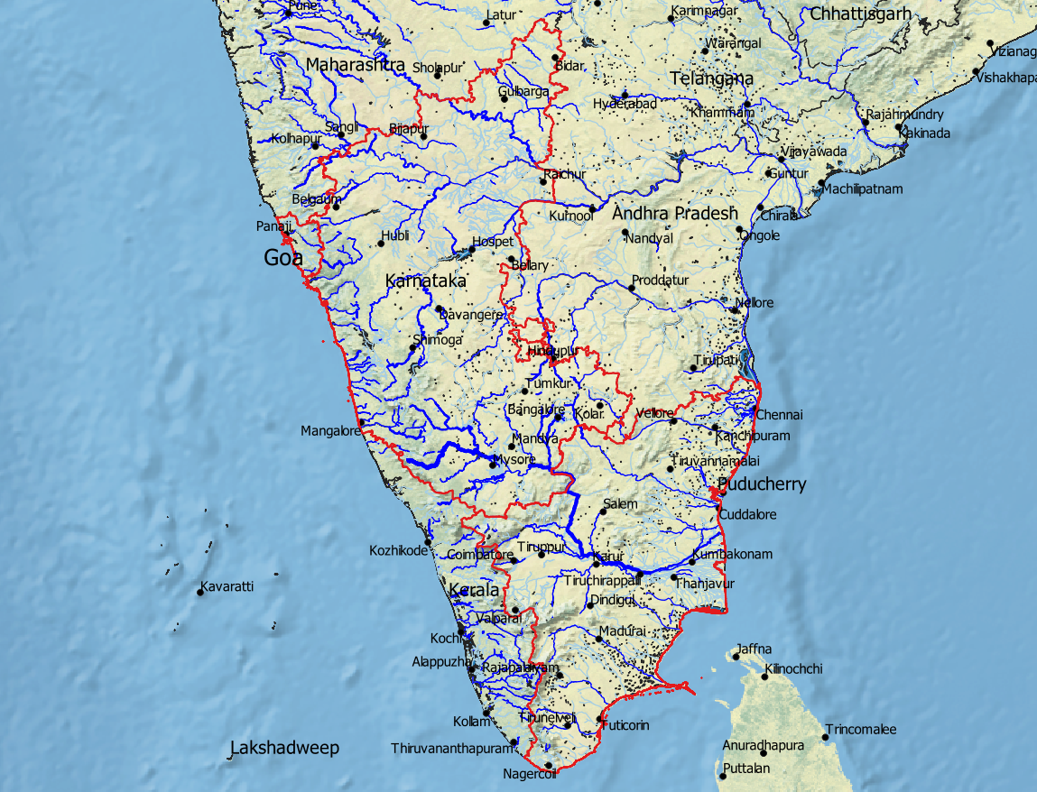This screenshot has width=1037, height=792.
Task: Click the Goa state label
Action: [284, 258]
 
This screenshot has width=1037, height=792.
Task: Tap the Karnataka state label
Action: [425, 281]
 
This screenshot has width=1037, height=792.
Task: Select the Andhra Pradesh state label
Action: [674, 214]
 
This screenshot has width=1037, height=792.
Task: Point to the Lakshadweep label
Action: [284, 748]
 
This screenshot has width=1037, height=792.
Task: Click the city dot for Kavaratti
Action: [200, 593]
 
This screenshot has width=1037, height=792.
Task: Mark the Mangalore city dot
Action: [361, 422]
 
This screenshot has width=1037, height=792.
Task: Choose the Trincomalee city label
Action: [860, 729]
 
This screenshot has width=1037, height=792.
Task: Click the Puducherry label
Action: [762, 484]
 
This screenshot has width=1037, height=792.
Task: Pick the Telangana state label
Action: [711, 78]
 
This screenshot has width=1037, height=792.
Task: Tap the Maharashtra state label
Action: [355, 65]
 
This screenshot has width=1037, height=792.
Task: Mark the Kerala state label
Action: [474, 590]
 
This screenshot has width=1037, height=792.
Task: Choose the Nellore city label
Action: [755, 303]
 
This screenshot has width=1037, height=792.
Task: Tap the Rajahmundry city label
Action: [904, 115]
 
